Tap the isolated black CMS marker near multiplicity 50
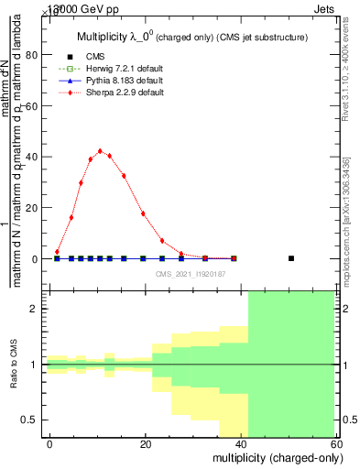pyautogui.click(x=291, y=258)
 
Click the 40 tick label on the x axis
pyautogui.click(x=242, y=444)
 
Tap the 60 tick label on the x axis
pyautogui.click(x=337, y=444)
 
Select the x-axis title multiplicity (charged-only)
pyautogui.click(x=276, y=458)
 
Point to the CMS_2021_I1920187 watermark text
pyautogui.click(x=190, y=273)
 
